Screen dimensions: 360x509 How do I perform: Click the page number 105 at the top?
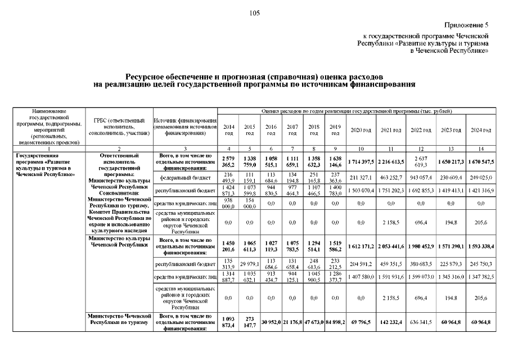pyautogui.click(x=254, y=13)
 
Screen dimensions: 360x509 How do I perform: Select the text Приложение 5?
pyautogui.click(x=466, y=25)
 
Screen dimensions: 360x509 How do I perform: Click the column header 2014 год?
pyautogui.click(x=229, y=130)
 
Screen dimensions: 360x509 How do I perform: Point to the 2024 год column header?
pyautogui.click(x=480, y=130)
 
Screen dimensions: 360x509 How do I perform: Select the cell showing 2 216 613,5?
pyautogui.click(x=391, y=161)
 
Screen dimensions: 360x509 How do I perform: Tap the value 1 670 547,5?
pyautogui.click(x=480, y=161)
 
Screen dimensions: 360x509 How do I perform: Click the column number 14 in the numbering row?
pyautogui.click(x=480, y=148)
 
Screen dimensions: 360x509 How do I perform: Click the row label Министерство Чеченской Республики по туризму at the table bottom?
pyautogui.click(x=119, y=319)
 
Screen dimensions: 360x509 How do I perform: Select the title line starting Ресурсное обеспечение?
pyautogui.click(x=254, y=75)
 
